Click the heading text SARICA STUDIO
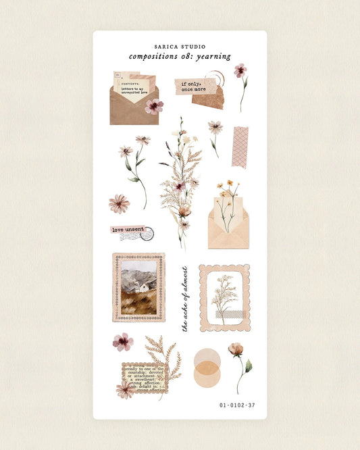click(180, 47)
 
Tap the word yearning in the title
click(212, 57)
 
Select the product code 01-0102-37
click(237, 405)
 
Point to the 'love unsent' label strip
click(128, 230)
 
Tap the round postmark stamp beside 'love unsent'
click(147, 234)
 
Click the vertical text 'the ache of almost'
click(184, 298)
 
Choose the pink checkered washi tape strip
click(240, 147)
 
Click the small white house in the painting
click(144, 287)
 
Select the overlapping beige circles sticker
click(206, 367)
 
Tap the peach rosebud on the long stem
click(235, 349)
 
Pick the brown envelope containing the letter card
click(133, 109)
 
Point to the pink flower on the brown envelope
click(154, 106)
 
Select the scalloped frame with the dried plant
click(224, 298)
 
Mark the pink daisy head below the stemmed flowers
click(120, 203)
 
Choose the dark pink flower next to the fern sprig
click(122, 342)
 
